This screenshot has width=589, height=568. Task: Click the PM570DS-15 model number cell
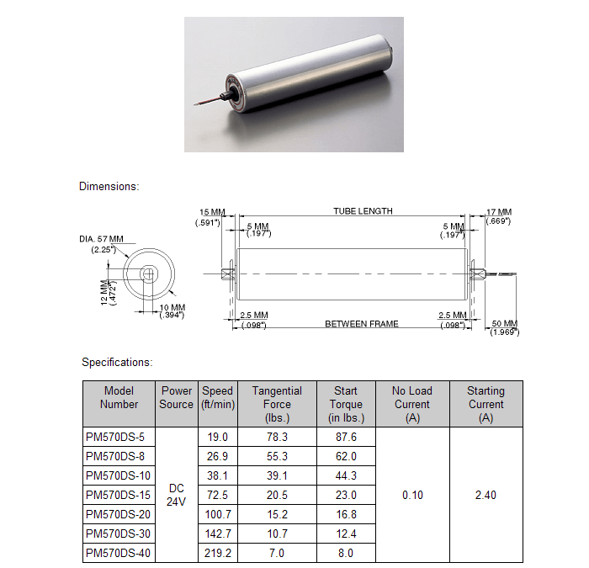(119, 495)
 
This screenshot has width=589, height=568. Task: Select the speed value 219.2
(217, 553)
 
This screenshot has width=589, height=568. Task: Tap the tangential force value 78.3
(277, 437)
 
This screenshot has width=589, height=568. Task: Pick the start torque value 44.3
(346, 475)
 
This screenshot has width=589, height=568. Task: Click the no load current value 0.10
(412, 495)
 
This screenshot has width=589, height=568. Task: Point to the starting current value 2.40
(486, 495)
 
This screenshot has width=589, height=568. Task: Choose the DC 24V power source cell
(176, 495)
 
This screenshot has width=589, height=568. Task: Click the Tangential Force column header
(277, 404)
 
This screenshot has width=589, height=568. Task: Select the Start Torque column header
(346, 404)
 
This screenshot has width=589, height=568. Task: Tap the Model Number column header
(119, 397)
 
